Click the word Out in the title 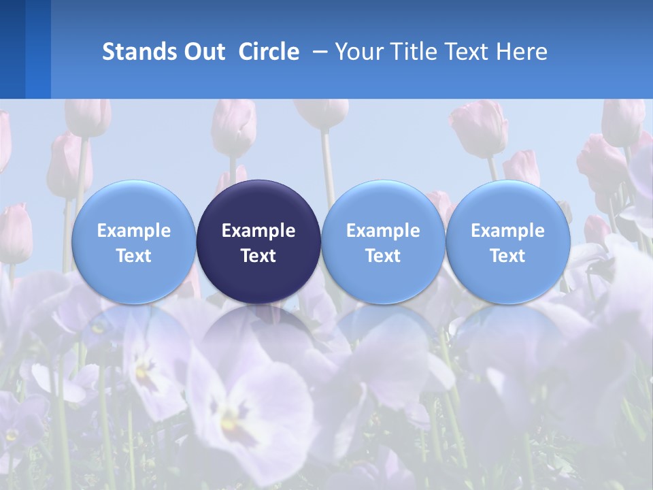[202, 52]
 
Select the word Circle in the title [269, 52]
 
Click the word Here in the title [521, 52]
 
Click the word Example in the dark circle [258, 231]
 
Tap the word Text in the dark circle [258, 256]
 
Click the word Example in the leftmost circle [133, 231]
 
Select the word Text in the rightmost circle [508, 256]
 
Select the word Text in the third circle [383, 256]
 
